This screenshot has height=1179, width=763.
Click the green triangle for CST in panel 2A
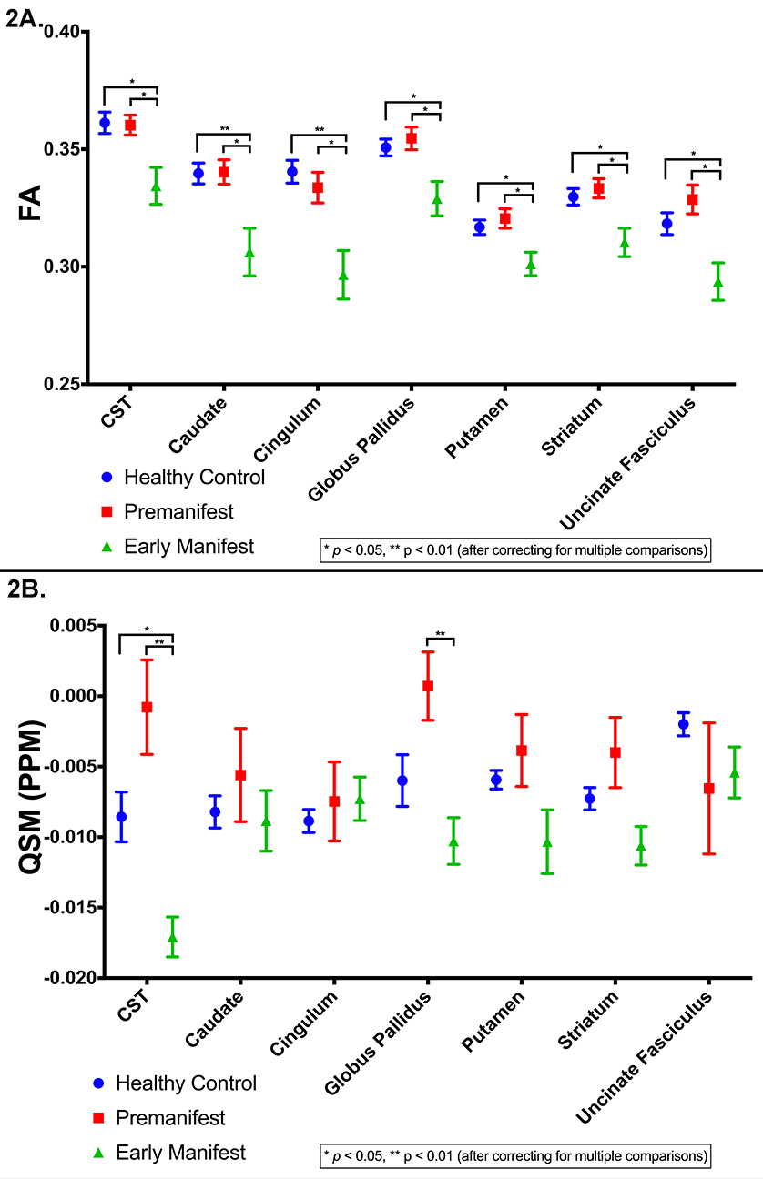(156, 186)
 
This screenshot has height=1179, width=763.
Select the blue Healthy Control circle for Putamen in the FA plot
(480, 227)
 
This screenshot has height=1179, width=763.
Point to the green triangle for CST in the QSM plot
(172, 938)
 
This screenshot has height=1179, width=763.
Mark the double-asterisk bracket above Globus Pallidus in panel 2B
(441, 637)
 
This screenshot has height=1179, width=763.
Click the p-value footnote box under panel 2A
(514, 549)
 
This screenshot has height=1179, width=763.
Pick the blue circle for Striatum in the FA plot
(574, 196)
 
